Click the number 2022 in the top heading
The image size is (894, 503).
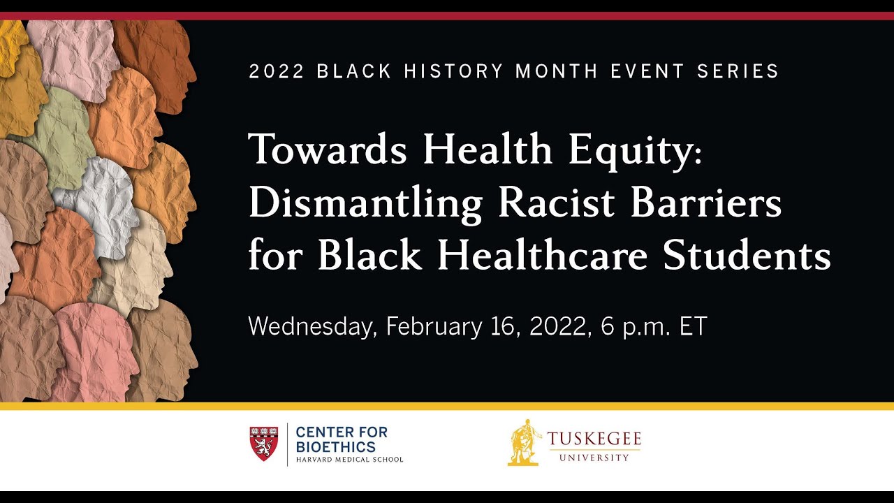pyautogui.click(x=277, y=71)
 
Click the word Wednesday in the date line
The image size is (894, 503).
pyautogui.click(x=312, y=326)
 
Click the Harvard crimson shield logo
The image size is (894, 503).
pyautogui.click(x=263, y=444)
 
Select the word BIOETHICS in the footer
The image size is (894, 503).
pyautogui.click(x=336, y=447)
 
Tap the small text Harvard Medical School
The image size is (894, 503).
pyautogui.click(x=349, y=460)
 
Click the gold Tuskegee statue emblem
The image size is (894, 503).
pyautogui.click(x=525, y=442)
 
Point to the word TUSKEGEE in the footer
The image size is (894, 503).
pyautogui.click(x=594, y=439)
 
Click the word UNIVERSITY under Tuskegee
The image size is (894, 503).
pyautogui.click(x=594, y=458)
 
